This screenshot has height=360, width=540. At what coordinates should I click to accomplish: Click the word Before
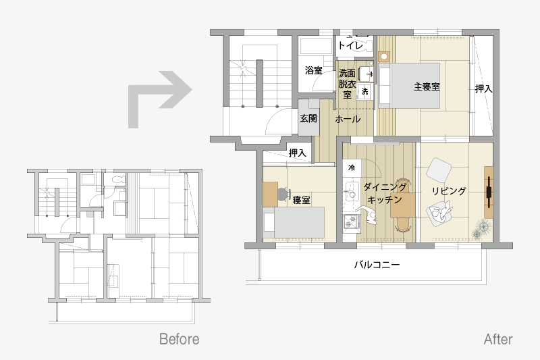179,339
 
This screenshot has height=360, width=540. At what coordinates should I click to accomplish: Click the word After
498,339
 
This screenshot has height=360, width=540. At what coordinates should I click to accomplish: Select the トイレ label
350,45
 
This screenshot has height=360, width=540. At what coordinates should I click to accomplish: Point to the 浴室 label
313,70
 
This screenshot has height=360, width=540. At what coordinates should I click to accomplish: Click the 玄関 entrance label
308,118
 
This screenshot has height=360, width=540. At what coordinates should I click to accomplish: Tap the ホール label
348,119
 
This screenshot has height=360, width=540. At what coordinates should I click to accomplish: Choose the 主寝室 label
427,86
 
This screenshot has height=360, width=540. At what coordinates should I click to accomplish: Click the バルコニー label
377,265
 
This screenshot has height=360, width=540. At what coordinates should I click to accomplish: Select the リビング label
449,191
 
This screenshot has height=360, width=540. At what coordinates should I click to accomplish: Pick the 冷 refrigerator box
352,168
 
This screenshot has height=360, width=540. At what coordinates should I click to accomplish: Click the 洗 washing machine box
364,91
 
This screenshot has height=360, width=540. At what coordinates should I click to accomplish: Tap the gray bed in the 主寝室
409,86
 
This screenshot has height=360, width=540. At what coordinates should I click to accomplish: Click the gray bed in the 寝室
294,222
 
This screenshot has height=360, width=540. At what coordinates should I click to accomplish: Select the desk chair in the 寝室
283,195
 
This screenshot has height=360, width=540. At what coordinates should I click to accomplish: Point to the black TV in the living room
489,192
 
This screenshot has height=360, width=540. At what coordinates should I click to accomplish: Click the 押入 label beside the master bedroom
483,88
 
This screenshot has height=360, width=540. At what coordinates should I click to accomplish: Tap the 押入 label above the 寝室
297,153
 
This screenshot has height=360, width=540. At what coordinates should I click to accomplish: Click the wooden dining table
402,205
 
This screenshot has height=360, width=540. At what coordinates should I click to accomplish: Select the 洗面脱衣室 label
347,84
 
